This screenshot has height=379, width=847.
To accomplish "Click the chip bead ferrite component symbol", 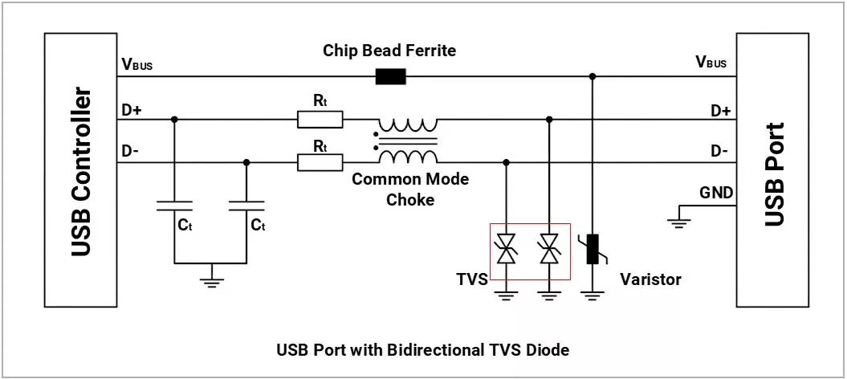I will [391, 77].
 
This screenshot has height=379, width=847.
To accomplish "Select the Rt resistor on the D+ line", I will [320, 120].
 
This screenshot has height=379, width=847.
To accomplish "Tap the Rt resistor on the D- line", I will [320, 163].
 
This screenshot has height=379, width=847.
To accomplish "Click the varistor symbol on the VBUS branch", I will [592, 249].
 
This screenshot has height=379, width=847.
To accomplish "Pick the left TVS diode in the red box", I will [506, 249].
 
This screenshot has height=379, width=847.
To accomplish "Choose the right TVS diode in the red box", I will [549, 249].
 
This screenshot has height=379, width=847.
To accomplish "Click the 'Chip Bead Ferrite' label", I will [389, 51].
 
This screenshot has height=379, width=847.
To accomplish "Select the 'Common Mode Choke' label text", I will [410, 189].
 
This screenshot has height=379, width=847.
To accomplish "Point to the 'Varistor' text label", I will [650, 279].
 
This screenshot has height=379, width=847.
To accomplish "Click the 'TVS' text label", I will [472, 279].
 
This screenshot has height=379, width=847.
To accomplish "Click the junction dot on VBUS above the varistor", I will [592, 77].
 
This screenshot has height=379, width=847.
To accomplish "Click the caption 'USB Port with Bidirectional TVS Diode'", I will [422, 350].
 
